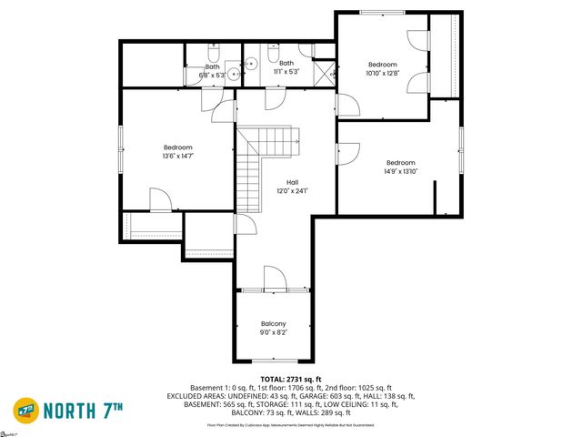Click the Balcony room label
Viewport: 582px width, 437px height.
click(274, 324)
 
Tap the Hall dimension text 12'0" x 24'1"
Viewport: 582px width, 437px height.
click(293, 191)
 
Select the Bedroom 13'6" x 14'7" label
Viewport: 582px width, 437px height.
click(178, 147)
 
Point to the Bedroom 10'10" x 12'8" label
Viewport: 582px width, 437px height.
click(383, 65)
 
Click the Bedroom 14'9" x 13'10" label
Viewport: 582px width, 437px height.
click(400, 163)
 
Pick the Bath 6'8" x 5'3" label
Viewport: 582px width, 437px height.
click(212, 66)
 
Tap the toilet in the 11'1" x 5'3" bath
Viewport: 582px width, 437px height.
click(275, 47)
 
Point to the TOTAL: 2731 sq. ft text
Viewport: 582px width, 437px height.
click(291, 379)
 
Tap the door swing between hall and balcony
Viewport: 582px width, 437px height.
click(274, 277)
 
